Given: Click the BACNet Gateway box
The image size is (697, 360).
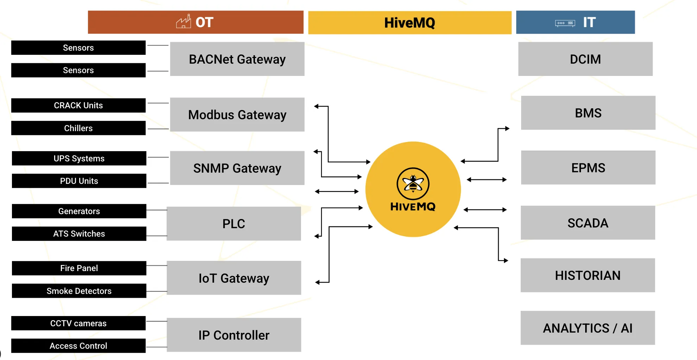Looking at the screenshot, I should (237, 59).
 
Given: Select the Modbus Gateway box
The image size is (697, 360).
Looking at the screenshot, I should (237, 115).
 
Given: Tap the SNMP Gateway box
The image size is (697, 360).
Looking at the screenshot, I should (237, 168).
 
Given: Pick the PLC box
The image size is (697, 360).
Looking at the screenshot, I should (234, 224).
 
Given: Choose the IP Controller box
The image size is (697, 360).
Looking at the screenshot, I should (234, 335).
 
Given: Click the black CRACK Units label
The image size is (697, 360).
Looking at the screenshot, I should (78, 105).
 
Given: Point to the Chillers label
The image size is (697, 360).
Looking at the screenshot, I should (78, 128).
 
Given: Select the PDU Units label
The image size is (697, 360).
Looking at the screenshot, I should (79, 181).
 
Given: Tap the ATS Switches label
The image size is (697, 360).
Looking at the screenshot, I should (79, 233).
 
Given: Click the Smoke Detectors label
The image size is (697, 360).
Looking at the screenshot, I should (79, 291).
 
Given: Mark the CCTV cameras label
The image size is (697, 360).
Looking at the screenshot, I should (78, 323).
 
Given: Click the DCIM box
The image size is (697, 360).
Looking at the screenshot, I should (585, 59).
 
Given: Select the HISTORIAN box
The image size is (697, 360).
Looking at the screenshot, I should (588, 275).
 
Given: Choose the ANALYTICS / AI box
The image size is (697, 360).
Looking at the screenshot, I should (588, 328).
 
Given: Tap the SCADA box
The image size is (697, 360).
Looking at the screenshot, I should (588, 223).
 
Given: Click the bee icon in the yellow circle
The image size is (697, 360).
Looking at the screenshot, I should (413, 184).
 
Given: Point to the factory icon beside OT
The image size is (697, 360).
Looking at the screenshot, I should (184, 22).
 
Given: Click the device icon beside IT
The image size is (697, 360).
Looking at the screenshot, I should (565, 23).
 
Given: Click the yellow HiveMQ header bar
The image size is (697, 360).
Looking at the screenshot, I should (410, 22).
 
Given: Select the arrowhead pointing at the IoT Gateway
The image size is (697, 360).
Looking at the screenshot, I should (317, 282).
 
